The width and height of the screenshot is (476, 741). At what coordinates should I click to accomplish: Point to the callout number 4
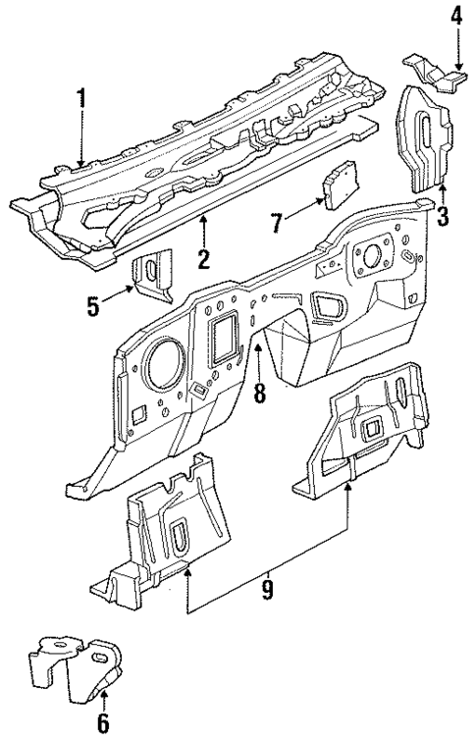456,16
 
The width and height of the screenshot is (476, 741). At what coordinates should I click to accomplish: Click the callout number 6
104,725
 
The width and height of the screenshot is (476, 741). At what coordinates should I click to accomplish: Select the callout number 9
268,591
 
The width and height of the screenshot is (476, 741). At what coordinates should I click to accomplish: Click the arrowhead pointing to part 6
104,694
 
